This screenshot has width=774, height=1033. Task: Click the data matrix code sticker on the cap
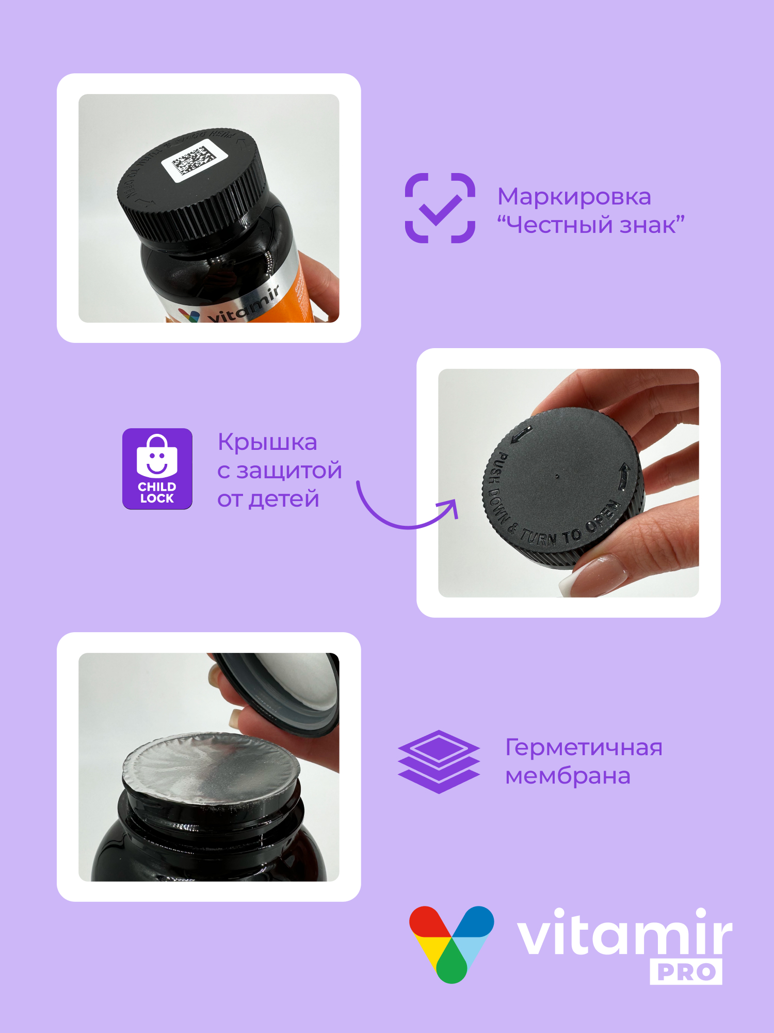(x=194, y=160)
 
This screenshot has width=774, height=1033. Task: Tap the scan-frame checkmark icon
(x=440, y=208)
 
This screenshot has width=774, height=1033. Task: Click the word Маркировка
(x=574, y=197)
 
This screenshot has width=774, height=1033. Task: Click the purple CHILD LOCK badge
(x=157, y=468)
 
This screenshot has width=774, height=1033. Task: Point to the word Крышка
(x=267, y=442)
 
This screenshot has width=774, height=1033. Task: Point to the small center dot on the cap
(x=557, y=476)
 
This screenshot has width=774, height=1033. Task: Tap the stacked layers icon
(x=439, y=761)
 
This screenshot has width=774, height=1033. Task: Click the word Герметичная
(x=583, y=747)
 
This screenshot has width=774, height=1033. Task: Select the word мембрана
(x=568, y=776)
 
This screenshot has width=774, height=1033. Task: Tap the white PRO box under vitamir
(x=686, y=972)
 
